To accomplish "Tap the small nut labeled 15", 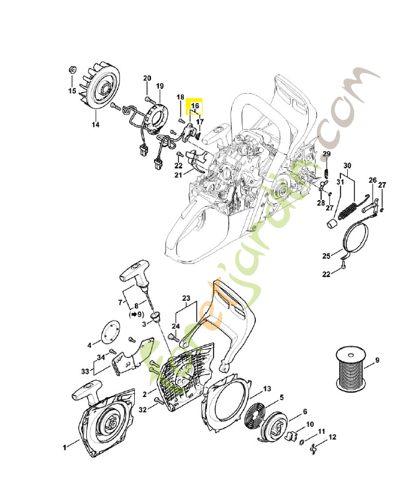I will (x=70, y=70).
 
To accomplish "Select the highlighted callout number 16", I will (x=195, y=106).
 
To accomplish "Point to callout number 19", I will (x=160, y=86).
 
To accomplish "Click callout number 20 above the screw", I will (x=147, y=78).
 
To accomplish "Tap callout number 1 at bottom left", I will (x=65, y=447).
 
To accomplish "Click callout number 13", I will (x=267, y=389).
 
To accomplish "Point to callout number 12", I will (x=332, y=437).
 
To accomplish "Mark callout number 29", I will (x=326, y=154).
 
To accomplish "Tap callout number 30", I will (x=347, y=166).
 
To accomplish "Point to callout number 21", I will (x=178, y=175).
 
